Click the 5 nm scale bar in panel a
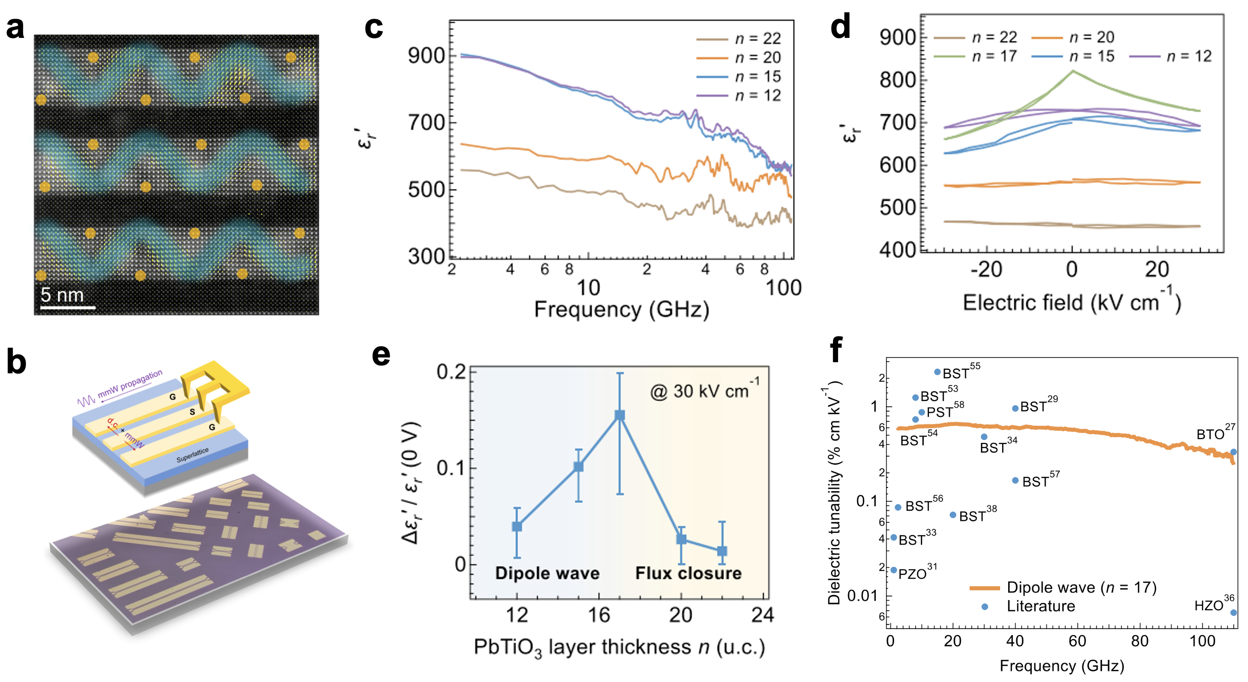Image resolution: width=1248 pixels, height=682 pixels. click(68, 307)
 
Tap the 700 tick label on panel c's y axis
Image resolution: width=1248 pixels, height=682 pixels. click(426, 122)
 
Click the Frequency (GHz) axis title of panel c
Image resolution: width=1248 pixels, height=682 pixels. click(621, 309)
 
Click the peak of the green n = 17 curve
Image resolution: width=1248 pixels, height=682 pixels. click(1073, 71)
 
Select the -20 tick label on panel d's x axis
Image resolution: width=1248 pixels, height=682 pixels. click(986, 269)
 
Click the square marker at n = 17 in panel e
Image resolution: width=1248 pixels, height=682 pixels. click(620, 415)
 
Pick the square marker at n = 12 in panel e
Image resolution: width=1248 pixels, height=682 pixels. click(517, 526)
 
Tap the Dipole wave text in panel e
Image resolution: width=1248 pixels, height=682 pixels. click(547, 573)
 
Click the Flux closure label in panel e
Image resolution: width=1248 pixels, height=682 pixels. click(688, 573)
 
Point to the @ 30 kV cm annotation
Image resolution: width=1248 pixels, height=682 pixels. click(704, 391)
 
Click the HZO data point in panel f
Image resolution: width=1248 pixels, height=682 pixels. click(1233, 612)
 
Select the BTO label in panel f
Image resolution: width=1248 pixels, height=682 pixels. click(1211, 434)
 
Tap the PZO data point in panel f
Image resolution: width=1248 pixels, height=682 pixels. click(894, 570)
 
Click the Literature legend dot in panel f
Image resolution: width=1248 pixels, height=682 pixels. click(984, 606)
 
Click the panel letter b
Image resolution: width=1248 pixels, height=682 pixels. click(16, 363)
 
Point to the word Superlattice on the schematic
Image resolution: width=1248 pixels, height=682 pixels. click(192, 455)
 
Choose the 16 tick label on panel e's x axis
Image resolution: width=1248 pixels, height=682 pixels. click(599, 615)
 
